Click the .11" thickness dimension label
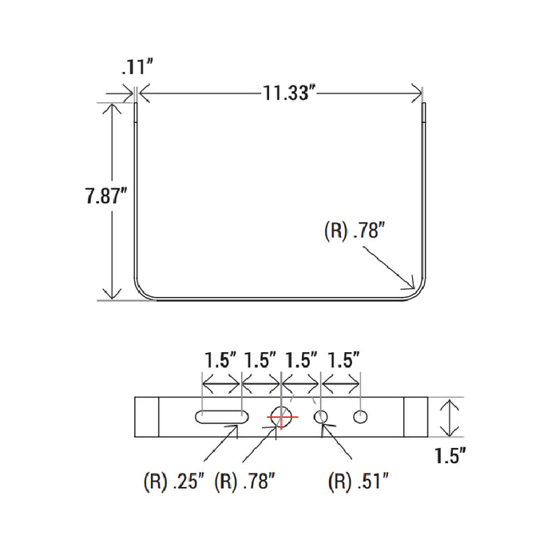(137, 67)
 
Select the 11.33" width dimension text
(289, 93)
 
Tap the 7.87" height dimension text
(106, 196)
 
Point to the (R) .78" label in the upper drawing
(355, 230)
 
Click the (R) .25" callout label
(174, 482)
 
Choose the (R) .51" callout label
(358, 482)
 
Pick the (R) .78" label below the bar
(245, 482)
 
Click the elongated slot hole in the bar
(222, 417)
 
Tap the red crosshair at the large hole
(282, 417)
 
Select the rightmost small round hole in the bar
(360, 417)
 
